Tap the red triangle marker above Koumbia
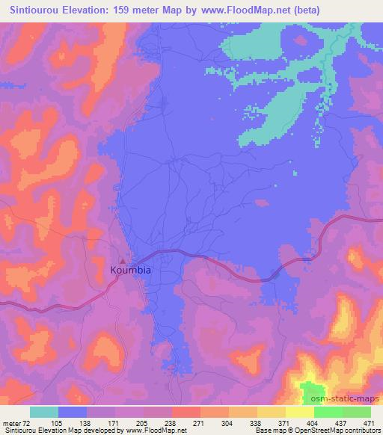point(123,260)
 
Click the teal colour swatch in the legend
point(44,412)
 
